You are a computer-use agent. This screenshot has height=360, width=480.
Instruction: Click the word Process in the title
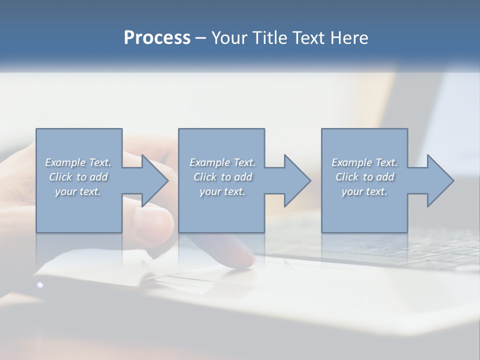(157, 38)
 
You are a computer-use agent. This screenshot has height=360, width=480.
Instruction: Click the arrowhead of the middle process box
(297, 180)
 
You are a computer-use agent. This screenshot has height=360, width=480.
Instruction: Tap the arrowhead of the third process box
(440, 180)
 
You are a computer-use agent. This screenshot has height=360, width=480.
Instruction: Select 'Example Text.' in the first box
(78, 162)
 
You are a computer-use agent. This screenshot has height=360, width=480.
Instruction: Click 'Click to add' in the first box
(78, 177)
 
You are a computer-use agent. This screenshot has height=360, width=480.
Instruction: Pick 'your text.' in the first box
(78, 191)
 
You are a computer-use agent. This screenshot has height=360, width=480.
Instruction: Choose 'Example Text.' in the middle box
(222, 162)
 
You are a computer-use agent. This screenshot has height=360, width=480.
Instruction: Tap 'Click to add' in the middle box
(222, 177)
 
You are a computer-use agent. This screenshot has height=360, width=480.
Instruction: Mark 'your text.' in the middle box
(222, 191)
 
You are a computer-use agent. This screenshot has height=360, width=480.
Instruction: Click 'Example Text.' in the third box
(364, 162)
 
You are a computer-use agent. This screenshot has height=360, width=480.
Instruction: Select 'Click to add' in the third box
(364, 177)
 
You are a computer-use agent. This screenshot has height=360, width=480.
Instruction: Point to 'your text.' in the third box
(364, 191)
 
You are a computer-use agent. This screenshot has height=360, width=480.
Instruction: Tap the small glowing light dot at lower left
(40, 285)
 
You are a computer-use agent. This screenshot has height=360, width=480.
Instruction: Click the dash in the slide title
(201, 38)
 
